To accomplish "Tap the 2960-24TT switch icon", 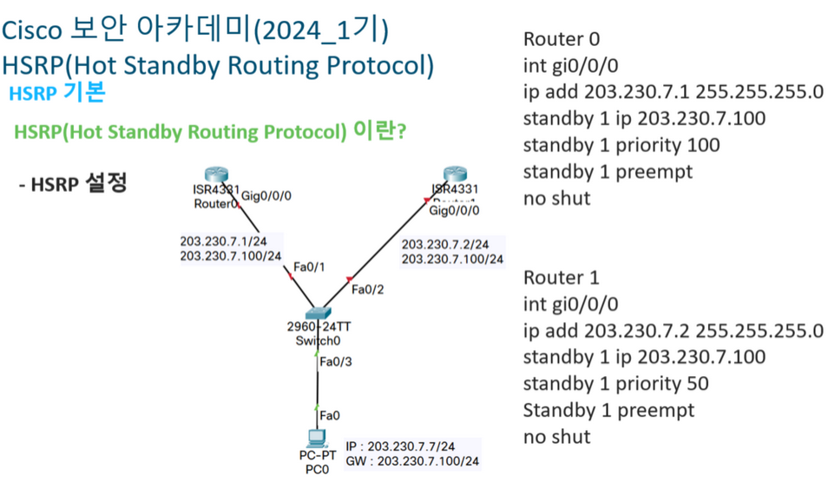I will pos(315,314).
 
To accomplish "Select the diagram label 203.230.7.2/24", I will pos(445,244).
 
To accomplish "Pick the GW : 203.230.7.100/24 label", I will pos(412,461).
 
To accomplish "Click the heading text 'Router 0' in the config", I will pos(562,39).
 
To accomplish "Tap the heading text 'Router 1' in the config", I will pos(562,278).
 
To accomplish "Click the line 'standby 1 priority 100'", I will pos(621,145).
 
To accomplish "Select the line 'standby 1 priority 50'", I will pos(616,383).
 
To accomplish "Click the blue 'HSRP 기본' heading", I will pos(56,94).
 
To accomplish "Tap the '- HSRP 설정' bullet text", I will pos(74,184).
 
